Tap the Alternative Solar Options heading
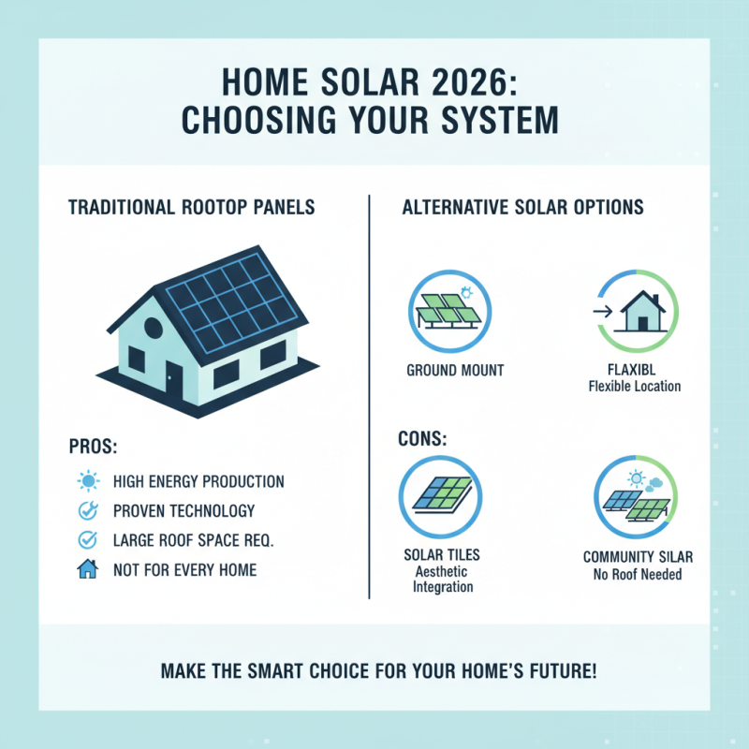click(522, 207)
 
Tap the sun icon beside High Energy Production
click(87, 482)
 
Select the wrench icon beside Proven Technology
click(87, 511)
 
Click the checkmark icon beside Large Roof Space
click(87, 539)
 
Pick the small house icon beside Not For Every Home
click(87, 569)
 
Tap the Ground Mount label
click(455, 371)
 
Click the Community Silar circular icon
click(635, 496)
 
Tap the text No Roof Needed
click(638, 574)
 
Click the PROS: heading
click(94, 446)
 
